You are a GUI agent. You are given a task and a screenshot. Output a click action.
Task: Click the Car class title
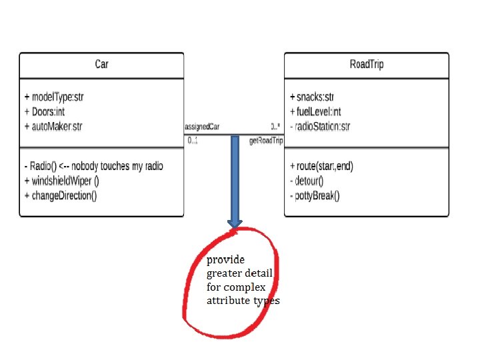pyautogui.click(x=101, y=65)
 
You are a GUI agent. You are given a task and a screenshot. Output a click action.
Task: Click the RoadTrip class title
pyautogui.click(x=366, y=65)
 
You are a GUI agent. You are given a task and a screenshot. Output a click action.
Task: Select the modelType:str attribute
pyautogui.click(x=54, y=97)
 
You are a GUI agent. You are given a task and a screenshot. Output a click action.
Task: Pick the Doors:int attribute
pyautogui.click(x=46, y=111)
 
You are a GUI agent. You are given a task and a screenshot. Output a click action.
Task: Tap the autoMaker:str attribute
pyautogui.click(x=53, y=125)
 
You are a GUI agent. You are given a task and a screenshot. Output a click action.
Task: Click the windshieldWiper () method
pyautogui.click(x=61, y=181)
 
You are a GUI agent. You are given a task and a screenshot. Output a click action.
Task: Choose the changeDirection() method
pyautogui.click(x=61, y=195)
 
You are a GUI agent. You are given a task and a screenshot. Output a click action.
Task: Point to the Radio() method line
pyautogui.click(x=93, y=166)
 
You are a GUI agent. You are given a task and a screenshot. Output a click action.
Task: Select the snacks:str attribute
pyautogui.click(x=312, y=97)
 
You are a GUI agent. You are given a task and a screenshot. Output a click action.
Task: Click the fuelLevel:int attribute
pyautogui.click(x=316, y=111)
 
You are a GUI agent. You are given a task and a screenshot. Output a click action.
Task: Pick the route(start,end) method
pyautogui.click(x=321, y=166)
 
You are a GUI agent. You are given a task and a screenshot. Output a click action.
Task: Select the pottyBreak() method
pyautogui.click(x=315, y=195)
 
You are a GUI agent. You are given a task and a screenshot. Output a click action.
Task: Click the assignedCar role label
pyautogui.click(x=202, y=126)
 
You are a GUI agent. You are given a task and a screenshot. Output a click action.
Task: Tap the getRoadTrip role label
pyautogui.click(x=266, y=141)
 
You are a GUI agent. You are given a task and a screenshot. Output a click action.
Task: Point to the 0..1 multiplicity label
pyautogui.click(x=193, y=141)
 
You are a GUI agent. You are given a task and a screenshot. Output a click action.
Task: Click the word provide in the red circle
pyautogui.click(x=225, y=259)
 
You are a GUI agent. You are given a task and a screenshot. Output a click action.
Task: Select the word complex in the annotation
pyautogui.click(x=245, y=287)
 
